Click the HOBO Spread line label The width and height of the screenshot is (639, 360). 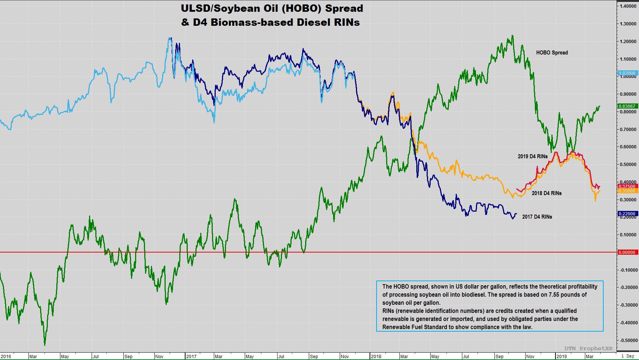point(552,53)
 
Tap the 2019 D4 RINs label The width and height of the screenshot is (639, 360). point(532,156)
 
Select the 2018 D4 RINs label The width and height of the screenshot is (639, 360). point(547,193)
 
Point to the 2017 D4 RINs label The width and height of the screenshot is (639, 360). point(537,217)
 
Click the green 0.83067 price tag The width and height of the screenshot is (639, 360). point(627,106)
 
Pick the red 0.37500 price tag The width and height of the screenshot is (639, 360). point(627,187)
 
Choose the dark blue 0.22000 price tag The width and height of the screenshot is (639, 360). point(627,214)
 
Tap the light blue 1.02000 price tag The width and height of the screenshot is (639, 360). point(627,73)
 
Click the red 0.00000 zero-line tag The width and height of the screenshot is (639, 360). point(627,253)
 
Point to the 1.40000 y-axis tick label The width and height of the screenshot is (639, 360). point(628,6)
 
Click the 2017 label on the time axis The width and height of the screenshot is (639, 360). point(191,357)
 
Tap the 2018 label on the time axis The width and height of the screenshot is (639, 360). point(376,357)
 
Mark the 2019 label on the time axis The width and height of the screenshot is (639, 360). point(561,357)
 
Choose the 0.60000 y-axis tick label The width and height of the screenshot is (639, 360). point(628,147)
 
